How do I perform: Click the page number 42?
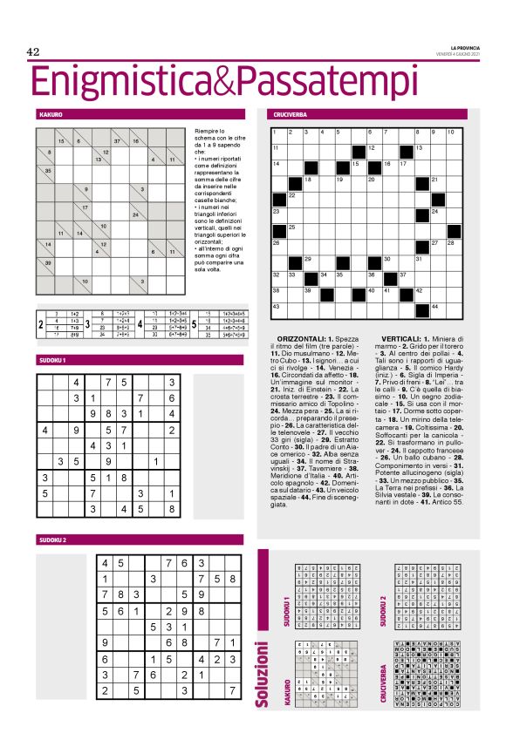33,51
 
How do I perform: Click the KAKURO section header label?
51,114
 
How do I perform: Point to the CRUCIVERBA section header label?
287,114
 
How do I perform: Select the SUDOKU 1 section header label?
52,360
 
